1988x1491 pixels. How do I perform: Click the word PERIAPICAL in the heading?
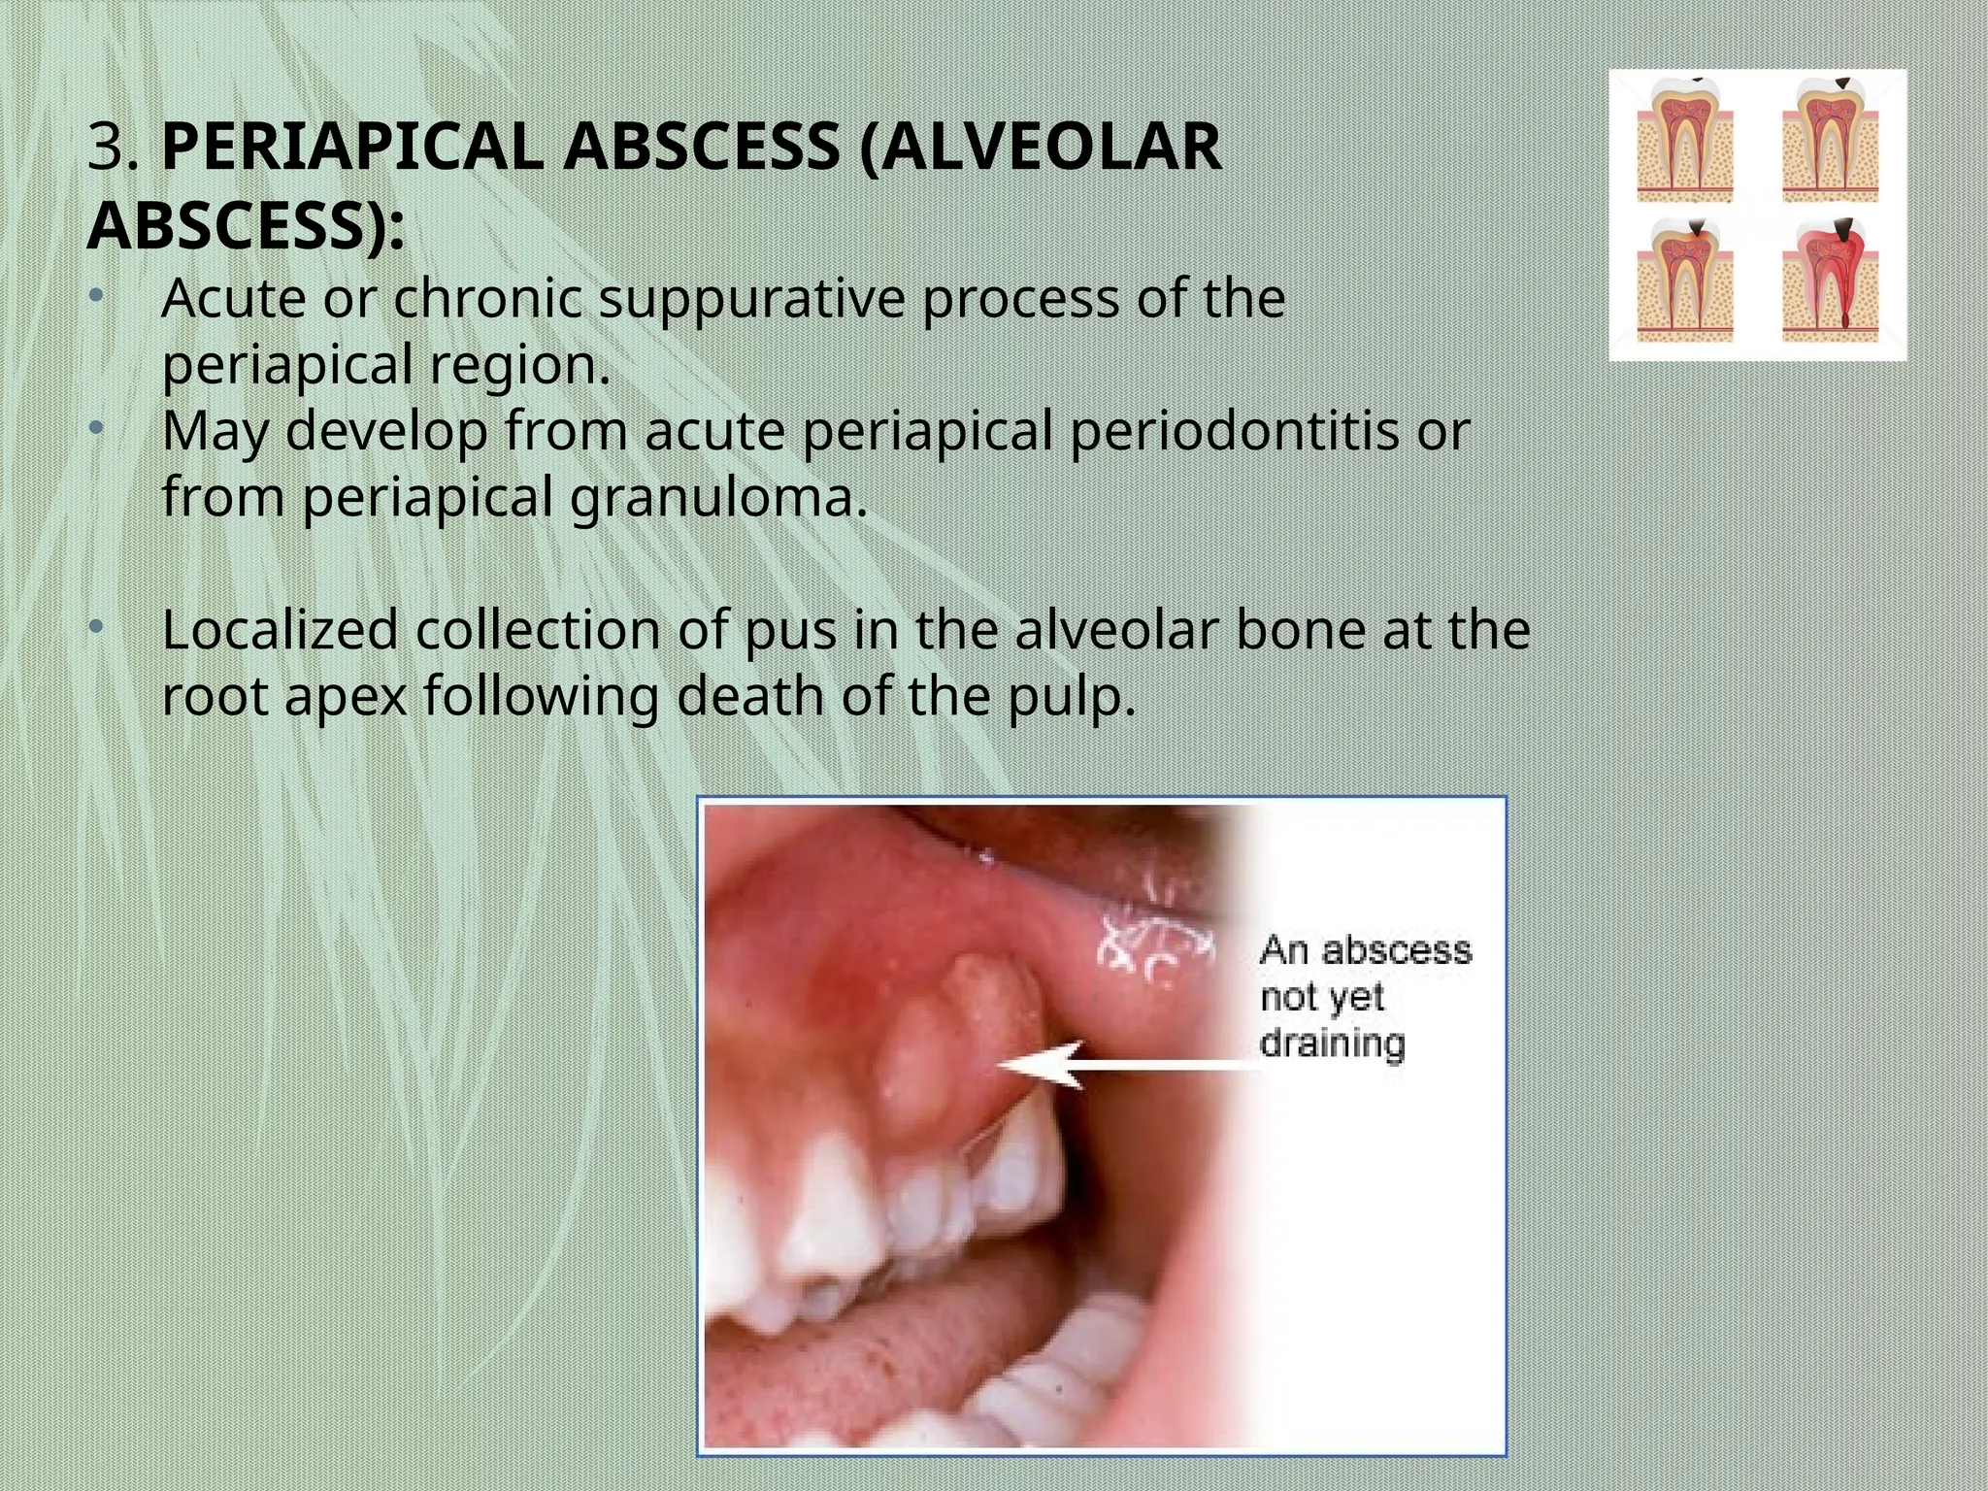pyautogui.click(x=357, y=148)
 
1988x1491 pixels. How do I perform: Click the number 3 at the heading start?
pyautogui.click(x=106, y=148)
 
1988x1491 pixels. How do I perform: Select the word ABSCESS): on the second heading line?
pyautogui.click(x=246, y=226)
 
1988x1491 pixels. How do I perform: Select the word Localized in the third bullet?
pyautogui.click(x=280, y=629)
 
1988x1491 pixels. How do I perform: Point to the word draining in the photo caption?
pyautogui.click(x=1332, y=1044)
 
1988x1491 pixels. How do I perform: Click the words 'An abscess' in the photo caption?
pyautogui.click(x=1365, y=949)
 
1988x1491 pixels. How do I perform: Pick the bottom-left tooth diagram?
pyautogui.click(x=1684, y=282)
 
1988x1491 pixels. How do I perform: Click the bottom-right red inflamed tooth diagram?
pyautogui.click(x=1830, y=282)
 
